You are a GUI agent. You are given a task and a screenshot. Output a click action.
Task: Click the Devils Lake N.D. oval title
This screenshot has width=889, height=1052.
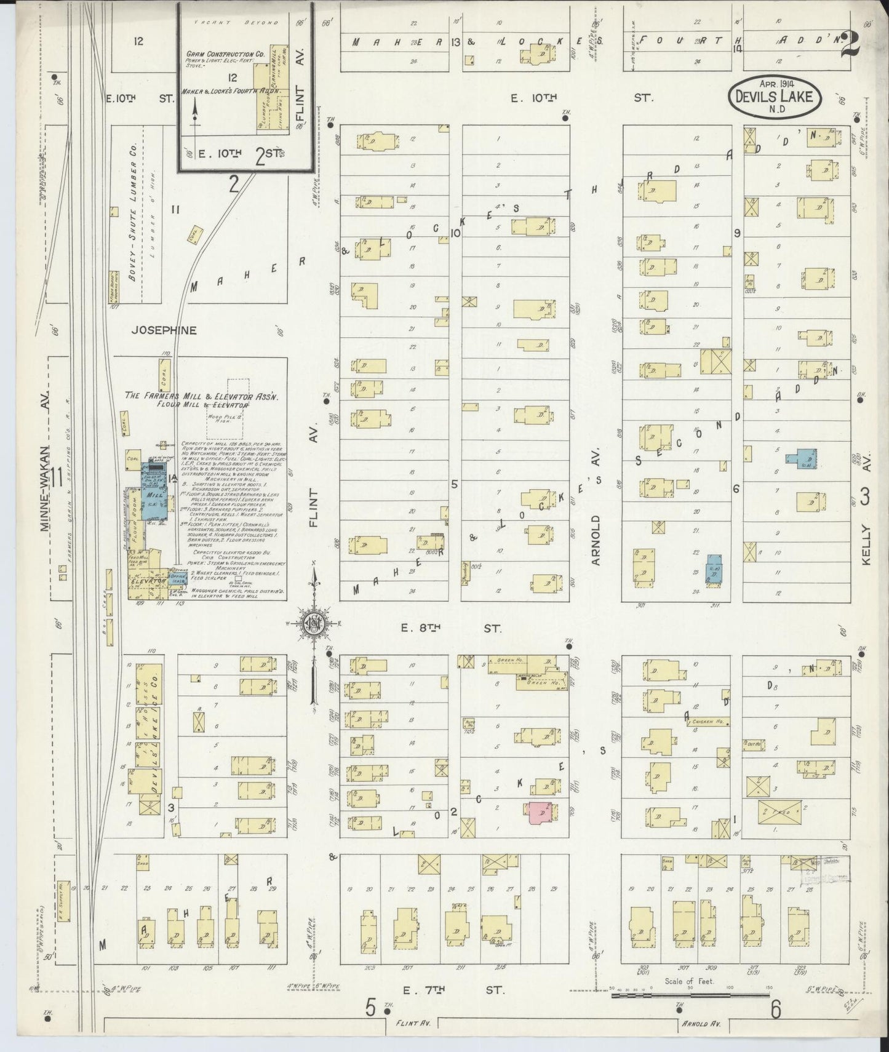point(774,97)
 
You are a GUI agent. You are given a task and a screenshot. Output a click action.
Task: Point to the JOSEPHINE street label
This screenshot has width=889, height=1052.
point(164,330)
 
